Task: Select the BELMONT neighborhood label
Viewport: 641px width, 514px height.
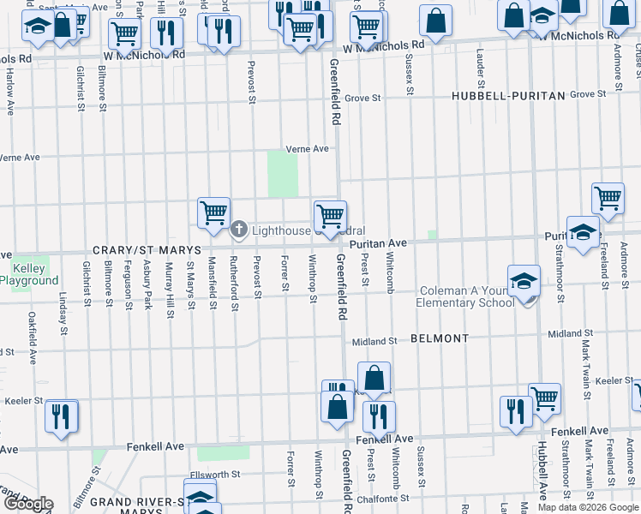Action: pyautogui.click(x=440, y=338)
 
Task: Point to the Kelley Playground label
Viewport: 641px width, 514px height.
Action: pyautogui.click(x=29, y=274)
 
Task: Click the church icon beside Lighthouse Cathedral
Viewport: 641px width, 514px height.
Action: pyautogui.click(x=240, y=229)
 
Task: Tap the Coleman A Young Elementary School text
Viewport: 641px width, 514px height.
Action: pyautogui.click(x=464, y=296)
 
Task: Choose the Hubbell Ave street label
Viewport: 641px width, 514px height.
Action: pyautogui.click(x=542, y=471)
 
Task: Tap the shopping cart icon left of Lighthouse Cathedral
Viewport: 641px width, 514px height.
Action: pyautogui.click(x=213, y=212)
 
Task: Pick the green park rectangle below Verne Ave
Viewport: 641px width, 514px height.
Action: pyautogui.click(x=279, y=173)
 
